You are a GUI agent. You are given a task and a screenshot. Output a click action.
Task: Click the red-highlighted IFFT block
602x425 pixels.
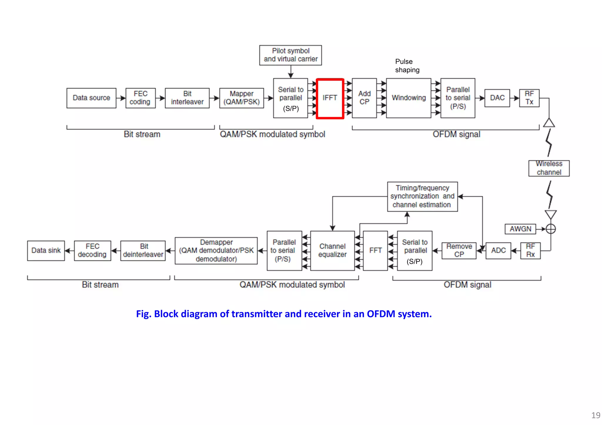tap(330, 98)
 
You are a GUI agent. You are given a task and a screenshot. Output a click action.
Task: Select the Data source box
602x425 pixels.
tap(91, 98)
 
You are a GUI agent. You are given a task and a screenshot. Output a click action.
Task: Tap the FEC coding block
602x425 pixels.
tap(140, 98)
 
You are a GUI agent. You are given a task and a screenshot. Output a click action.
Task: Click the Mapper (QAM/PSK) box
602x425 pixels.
tap(241, 98)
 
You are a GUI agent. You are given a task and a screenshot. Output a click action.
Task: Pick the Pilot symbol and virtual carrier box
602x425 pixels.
tap(290, 55)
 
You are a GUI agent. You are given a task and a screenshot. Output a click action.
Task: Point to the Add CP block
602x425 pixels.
tap(364, 98)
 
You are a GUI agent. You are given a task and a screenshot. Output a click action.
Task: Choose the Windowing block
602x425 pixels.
tap(409, 98)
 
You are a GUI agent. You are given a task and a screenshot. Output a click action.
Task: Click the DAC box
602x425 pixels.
tap(497, 98)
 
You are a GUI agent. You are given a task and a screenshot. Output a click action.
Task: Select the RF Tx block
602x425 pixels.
tap(529, 98)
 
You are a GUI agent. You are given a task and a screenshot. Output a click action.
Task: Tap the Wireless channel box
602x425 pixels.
tap(549, 168)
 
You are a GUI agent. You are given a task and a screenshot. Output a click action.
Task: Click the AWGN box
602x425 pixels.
tap(520, 229)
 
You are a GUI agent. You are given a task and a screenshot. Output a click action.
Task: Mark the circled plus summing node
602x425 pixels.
tap(551, 229)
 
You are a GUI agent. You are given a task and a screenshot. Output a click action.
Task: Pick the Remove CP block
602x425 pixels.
tap(459, 251)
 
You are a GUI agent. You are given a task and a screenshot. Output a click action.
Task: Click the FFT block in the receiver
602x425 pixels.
tap(375, 251)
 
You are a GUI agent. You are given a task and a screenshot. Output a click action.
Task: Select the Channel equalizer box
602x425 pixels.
tap(332, 251)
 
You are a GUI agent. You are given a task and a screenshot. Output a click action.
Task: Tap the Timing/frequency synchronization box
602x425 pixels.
tap(422, 196)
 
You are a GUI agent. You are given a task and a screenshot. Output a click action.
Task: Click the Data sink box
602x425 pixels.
tap(46, 251)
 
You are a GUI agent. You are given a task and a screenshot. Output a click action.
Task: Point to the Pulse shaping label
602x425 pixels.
tap(407, 66)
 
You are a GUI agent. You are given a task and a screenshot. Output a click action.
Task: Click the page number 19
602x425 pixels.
tap(595, 415)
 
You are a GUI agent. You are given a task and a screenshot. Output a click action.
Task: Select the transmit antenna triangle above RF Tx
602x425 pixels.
tap(549, 123)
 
